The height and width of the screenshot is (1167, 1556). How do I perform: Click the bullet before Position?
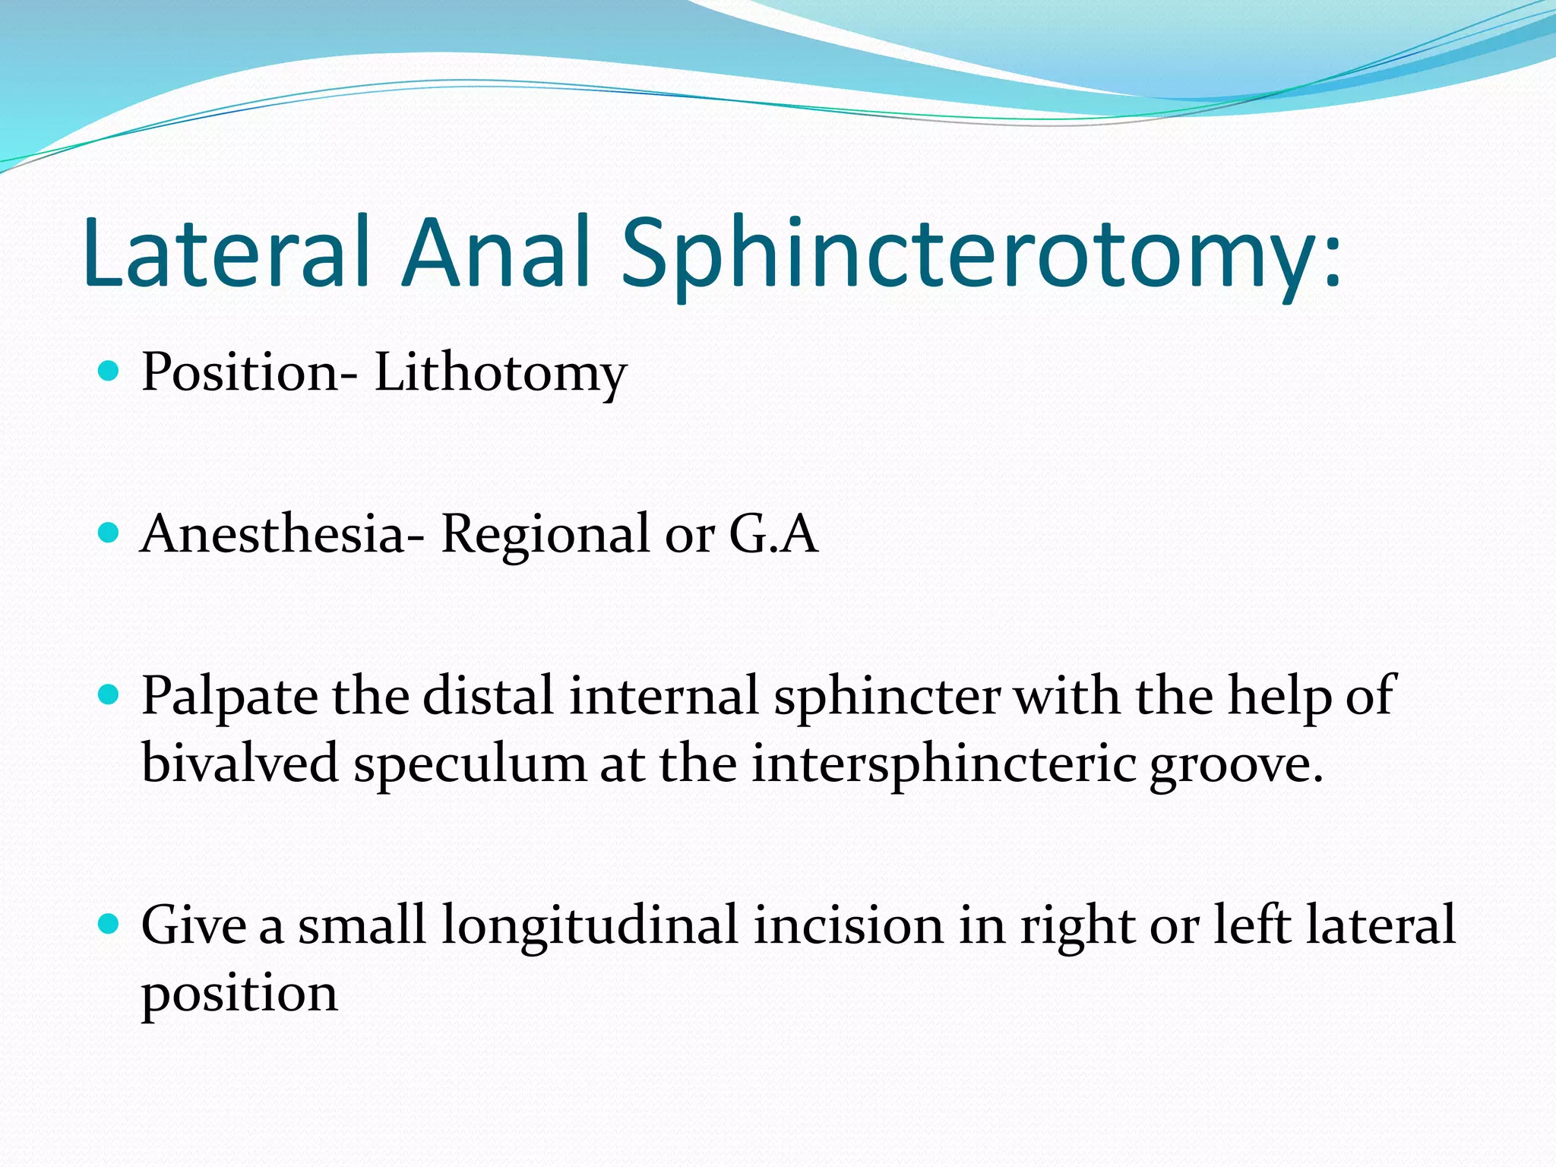(109, 372)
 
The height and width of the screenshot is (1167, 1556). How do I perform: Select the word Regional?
(546, 535)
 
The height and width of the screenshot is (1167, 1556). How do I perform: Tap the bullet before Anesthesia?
(109, 533)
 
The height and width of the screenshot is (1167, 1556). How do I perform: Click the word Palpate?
(229, 697)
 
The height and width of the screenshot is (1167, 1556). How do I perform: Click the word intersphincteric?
(943, 764)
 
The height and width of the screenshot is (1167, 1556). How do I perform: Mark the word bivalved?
(239, 763)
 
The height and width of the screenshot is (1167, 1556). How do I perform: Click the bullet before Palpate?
(109, 694)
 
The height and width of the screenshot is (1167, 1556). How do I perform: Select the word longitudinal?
(590, 926)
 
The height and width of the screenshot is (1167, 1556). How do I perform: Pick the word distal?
(488, 695)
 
